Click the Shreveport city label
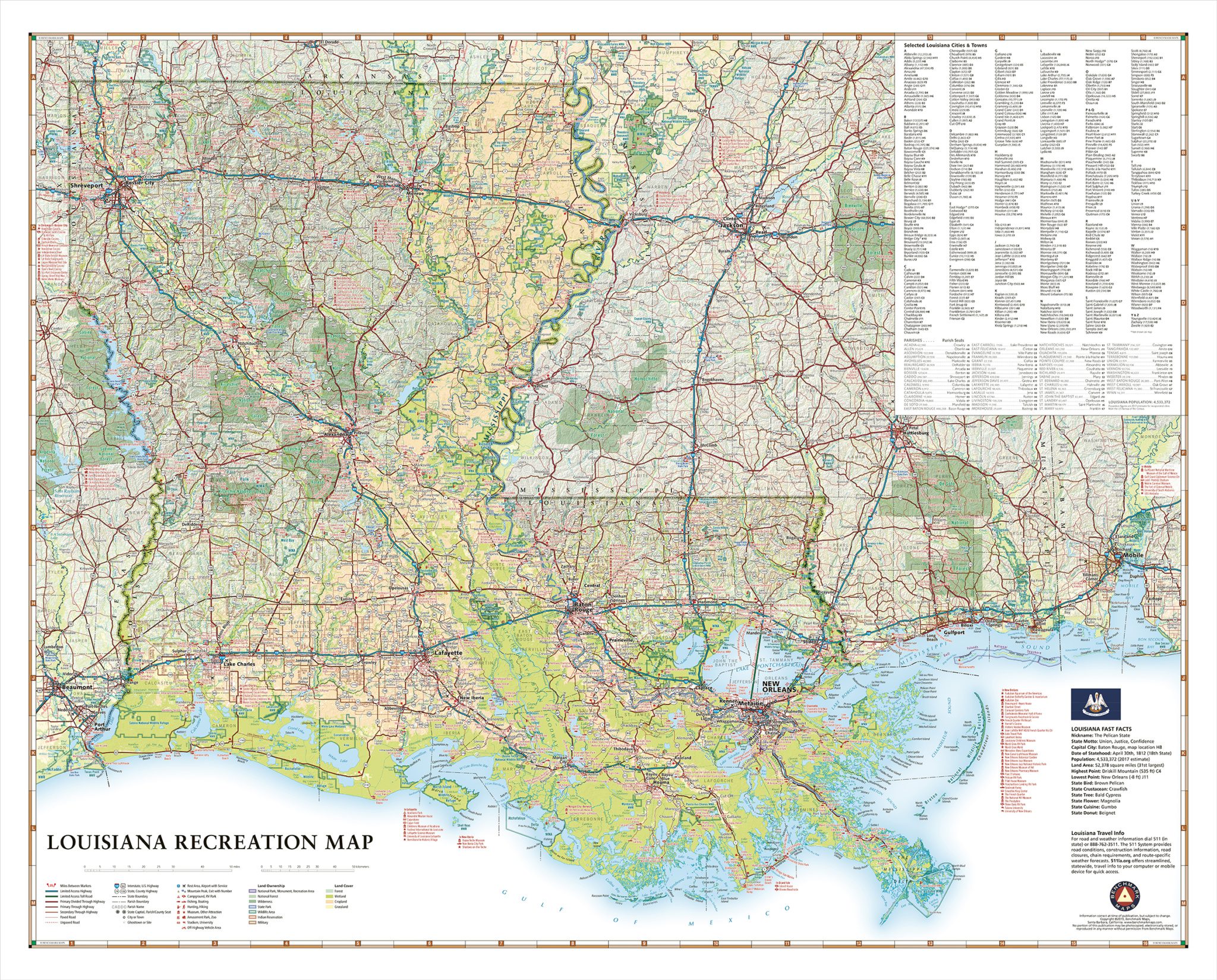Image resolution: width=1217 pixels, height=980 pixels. coord(87,186)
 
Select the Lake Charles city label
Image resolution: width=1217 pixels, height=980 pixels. coord(239,664)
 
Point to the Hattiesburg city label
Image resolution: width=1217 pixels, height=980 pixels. coord(916,433)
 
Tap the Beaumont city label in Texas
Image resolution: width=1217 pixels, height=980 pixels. coord(77,688)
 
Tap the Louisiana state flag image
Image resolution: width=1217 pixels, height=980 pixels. coord(1095,702)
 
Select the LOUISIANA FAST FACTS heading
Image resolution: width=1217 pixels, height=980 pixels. coord(1101,728)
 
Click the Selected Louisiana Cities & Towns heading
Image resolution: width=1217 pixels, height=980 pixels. coord(944,45)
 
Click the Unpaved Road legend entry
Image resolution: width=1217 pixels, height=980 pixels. coord(69,922)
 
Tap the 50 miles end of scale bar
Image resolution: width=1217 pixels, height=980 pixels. coord(231,868)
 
